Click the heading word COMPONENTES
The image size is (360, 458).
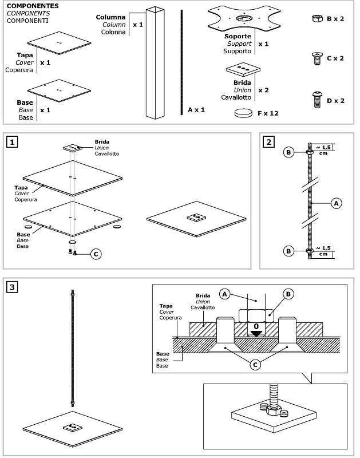[x=33, y=6]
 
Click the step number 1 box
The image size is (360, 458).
[x=12, y=142]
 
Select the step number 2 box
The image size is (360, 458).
[x=268, y=142]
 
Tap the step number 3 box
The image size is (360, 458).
[x=12, y=287]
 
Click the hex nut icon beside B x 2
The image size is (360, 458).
[x=317, y=18]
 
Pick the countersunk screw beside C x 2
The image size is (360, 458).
[x=317, y=58]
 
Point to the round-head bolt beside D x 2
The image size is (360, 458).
[x=317, y=100]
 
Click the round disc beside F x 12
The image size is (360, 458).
[x=243, y=113]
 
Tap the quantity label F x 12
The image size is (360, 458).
[x=268, y=113]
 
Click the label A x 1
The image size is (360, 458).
[x=196, y=110]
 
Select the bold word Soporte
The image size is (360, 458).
[x=238, y=36]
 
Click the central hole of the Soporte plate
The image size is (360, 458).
[x=243, y=18]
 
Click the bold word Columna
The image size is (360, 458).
[x=110, y=17]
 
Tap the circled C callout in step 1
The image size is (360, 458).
[x=96, y=254]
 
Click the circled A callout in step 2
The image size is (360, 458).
[x=336, y=203]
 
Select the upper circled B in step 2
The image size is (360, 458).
[x=288, y=152]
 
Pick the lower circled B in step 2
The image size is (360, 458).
[x=288, y=251]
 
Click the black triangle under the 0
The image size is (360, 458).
[x=256, y=334]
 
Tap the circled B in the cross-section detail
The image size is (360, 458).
[x=288, y=294]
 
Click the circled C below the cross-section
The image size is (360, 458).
[x=255, y=365]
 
